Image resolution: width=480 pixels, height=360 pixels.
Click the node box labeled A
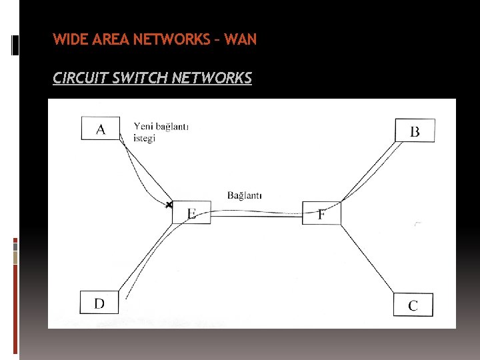click(101, 128)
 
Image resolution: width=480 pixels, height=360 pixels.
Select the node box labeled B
click(415, 130)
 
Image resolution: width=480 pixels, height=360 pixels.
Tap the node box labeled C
click(413, 305)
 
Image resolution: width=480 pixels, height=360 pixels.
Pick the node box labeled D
click(99, 303)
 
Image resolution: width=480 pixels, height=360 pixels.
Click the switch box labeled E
click(191, 213)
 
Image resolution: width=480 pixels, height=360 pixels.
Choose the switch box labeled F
click(321, 213)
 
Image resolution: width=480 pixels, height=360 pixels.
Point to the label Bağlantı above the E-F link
click(244, 195)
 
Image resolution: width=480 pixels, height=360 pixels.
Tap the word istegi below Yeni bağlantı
click(145, 138)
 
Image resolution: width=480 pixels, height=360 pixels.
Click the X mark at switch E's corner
click(170, 204)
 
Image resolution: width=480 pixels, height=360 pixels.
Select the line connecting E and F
click(257, 213)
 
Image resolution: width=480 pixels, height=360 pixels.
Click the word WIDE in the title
click(67, 39)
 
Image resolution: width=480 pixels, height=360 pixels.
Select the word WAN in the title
click(240, 39)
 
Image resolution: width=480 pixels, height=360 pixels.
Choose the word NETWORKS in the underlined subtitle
click(211, 79)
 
